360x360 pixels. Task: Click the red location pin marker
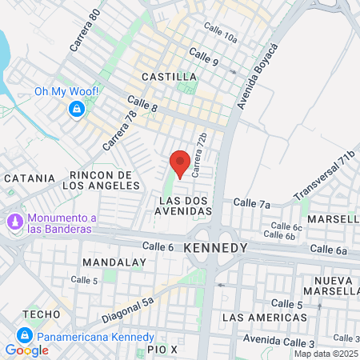[180, 162]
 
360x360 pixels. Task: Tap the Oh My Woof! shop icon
[77, 109]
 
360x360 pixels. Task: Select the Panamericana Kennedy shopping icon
[25, 334]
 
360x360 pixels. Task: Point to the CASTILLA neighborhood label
[168, 77]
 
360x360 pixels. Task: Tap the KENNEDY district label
[215, 249]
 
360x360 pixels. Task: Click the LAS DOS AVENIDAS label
[186, 206]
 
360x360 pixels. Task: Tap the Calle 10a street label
[220, 37]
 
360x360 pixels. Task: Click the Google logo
[26, 350]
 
